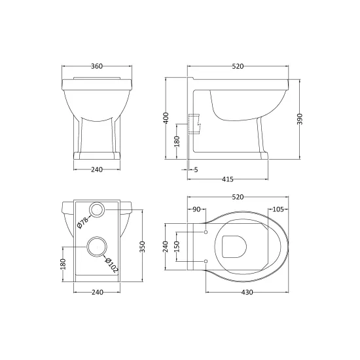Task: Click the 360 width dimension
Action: pyautogui.click(x=97, y=66)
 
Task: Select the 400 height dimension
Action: pyautogui.click(x=166, y=118)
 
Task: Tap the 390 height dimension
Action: pyautogui.click(x=300, y=119)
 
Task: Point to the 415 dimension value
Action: pyautogui.click(x=228, y=179)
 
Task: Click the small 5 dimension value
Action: pyautogui.click(x=196, y=170)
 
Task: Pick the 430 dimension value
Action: pyautogui.click(x=247, y=293)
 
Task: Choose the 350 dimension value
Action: pyautogui.click(x=143, y=247)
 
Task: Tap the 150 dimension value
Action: pyautogui.click(x=177, y=247)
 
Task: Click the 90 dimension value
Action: pyautogui.click(x=196, y=209)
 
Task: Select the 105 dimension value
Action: pyautogui.click(x=278, y=209)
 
